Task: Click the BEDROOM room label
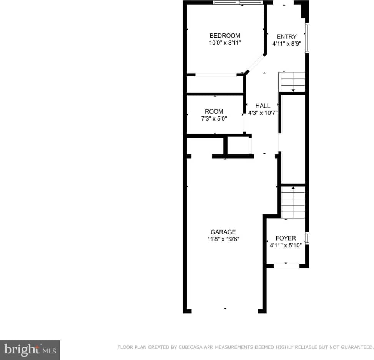[225, 36]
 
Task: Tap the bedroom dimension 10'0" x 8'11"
[225, 43]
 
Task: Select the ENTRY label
[286, 37]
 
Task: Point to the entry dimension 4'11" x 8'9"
[286, 44]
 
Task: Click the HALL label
[263, 106]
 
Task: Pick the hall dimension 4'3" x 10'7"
[263, 113]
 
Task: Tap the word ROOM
[214, 112]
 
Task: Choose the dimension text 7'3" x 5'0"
[214, 119]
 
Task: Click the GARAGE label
[223, 232]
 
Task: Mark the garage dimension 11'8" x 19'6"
[223, 239]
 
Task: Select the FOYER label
[286, 238]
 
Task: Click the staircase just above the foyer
[293, 202]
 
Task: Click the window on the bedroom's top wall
[238, 2]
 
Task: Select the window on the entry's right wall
[307, 38]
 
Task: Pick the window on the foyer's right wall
[307, 238]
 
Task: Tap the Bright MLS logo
[30, 350]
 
